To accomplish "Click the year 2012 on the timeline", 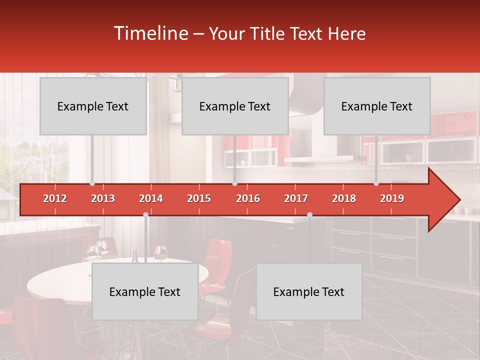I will (x=55, y=198).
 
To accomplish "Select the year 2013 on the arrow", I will (x=103, y=198).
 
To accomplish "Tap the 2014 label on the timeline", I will (x=151, y=198).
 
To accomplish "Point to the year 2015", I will (x=199, y=198).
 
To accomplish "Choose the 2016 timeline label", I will (x=248, y=198).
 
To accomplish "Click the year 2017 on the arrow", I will (x=296, y=198).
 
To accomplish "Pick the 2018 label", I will (x=344, y=198).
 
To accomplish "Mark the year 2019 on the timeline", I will (x=392, y=198).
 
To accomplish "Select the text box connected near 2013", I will (x=93, y=106).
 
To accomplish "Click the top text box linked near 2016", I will (x=235, y=106).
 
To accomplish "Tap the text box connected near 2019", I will (x=377, y=106).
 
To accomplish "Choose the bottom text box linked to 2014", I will (x=145, y=291).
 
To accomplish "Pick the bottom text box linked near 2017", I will (x=309, y=291).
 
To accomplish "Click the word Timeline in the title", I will (x=150, y=33).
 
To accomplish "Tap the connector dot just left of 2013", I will (x=92, y=183).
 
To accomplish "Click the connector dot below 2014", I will (x=145, y=214).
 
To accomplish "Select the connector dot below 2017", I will (x=309, y=214).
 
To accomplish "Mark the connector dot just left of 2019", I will (x=376, y=183).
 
